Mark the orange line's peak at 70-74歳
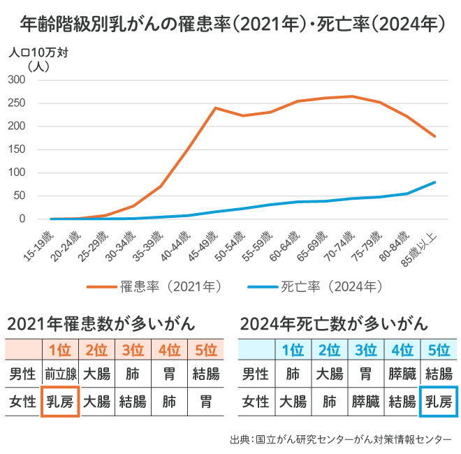click(352, 96)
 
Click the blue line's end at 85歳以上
click(434, 182)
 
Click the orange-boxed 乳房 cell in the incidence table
click(60, 402)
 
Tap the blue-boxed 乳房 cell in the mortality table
click(438, 402)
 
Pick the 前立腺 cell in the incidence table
click(60, 374)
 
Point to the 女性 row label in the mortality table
click(256, 402)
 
